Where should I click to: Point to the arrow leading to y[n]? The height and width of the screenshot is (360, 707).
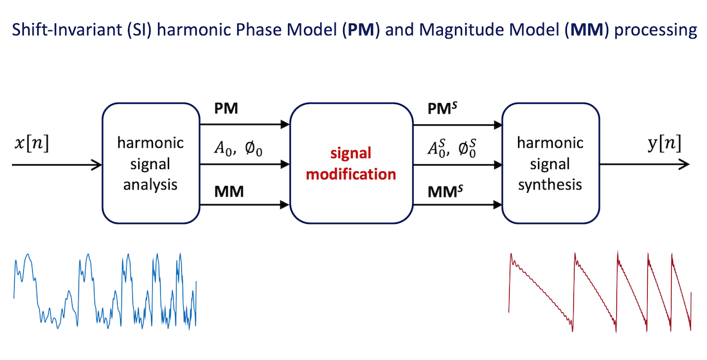643,165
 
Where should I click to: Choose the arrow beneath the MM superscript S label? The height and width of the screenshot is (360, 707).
456,205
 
